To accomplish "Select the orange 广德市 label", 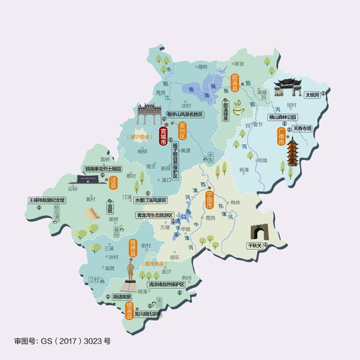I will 281,136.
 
